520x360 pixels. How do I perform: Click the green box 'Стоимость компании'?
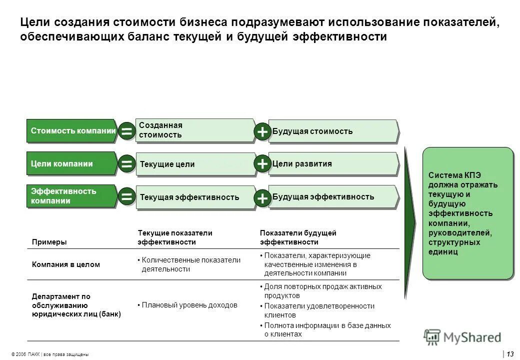(73, 131)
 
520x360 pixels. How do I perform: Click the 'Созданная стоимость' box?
(195, 130)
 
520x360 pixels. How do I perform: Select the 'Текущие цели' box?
(195, 164)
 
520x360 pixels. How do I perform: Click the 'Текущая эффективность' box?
(195, 197)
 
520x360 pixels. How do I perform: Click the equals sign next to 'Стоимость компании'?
(127, 131)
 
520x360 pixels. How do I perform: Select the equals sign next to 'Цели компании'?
(127, 164)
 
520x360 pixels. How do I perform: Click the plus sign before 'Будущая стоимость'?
(262, 131)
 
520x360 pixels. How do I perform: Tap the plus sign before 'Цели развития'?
(262, 164)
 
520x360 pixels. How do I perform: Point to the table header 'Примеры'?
(49, 242)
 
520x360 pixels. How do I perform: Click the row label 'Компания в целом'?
(66, 264)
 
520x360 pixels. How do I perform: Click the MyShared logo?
(462, 337)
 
